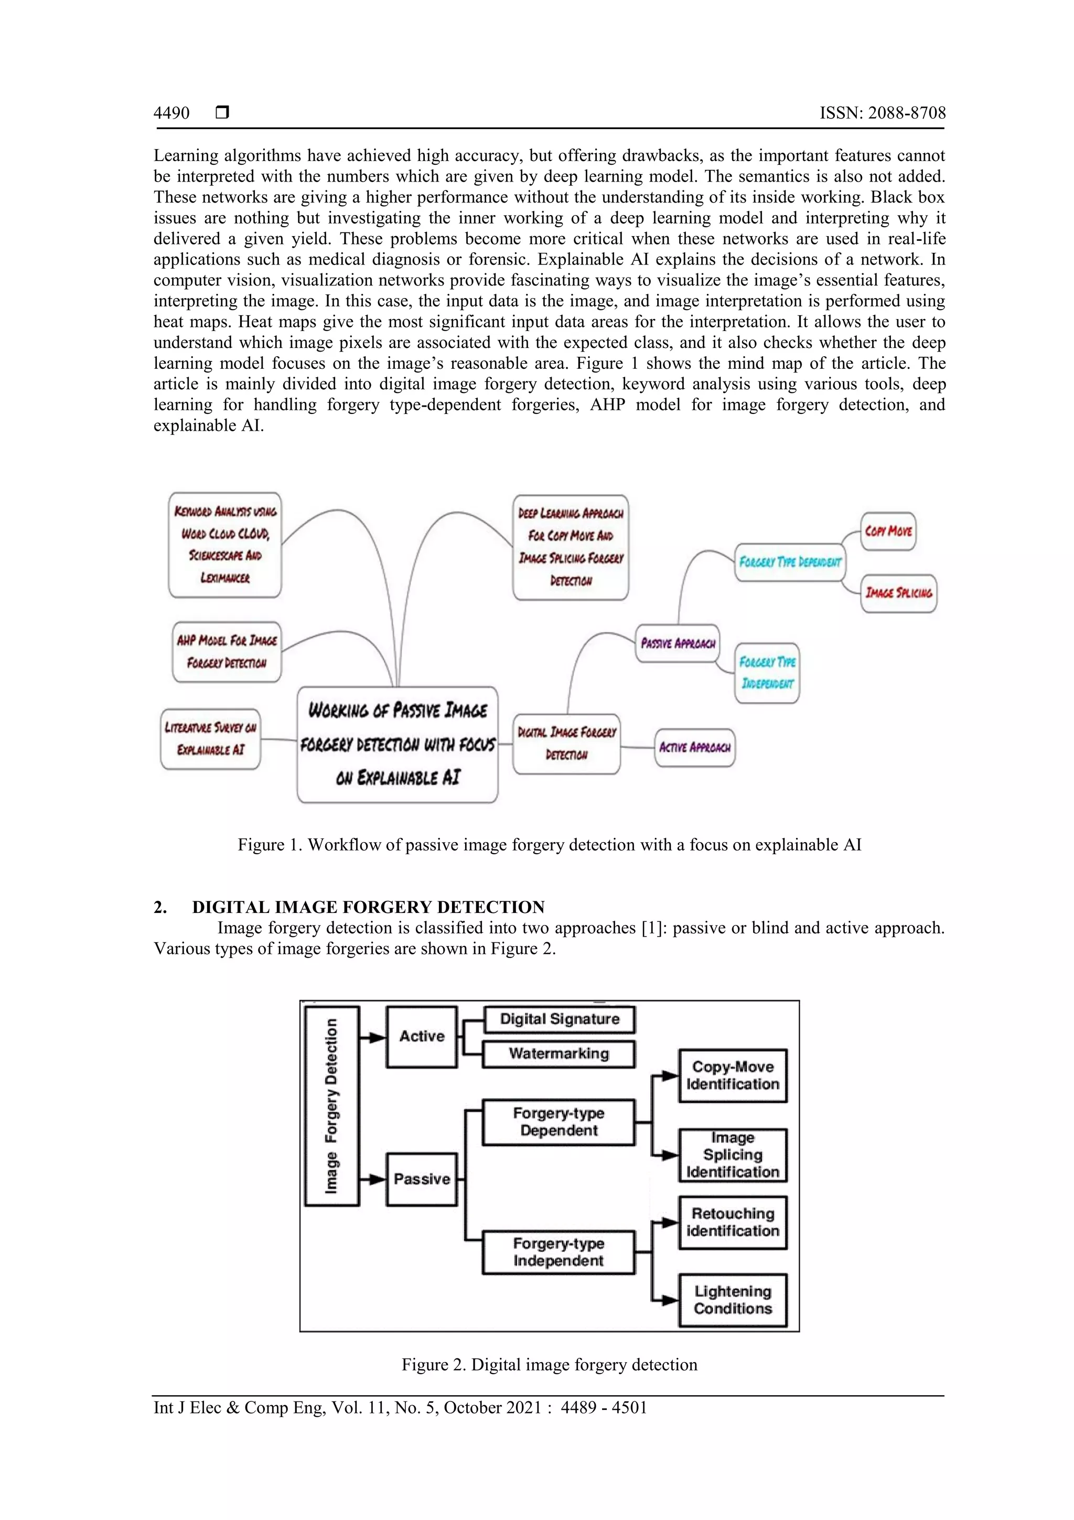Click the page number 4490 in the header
pos(171,113)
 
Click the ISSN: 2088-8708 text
pos(882,113)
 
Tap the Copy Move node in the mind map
pos(888,531)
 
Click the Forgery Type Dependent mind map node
pos(789,562)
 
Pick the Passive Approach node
pos(677,643)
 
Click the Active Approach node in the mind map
pos(694,748)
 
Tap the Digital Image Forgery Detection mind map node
pos(566,743)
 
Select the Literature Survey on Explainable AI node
pos(210,739)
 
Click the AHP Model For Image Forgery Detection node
pos(227,652)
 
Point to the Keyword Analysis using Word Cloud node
pos(225,544)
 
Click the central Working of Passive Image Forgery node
pos(397,744)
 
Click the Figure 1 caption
pos(549,845)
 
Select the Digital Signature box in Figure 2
pos(559,1019)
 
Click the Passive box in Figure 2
pos(422,1179)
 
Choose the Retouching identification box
pos(733,1222)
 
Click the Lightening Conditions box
pos(733,1300)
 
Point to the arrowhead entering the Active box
pos(378,1037)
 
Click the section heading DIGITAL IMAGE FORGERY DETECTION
pos(368,907)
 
